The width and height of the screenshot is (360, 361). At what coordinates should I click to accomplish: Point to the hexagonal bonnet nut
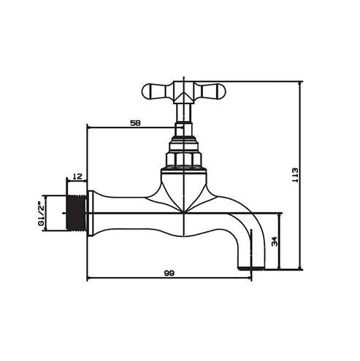pos(185,157)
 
